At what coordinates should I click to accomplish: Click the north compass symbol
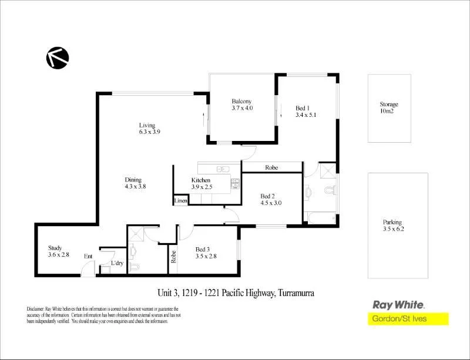tap(58, 58)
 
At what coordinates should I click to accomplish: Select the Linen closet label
tap(180, 201)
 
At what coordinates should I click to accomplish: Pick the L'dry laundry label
tap(117, 263)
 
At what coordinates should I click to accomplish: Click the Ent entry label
tap(88, 256)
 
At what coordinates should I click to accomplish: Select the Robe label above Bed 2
tap(271, 168)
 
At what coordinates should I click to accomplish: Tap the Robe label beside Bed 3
tap(173, 257)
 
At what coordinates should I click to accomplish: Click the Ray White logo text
tap(399, 305)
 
